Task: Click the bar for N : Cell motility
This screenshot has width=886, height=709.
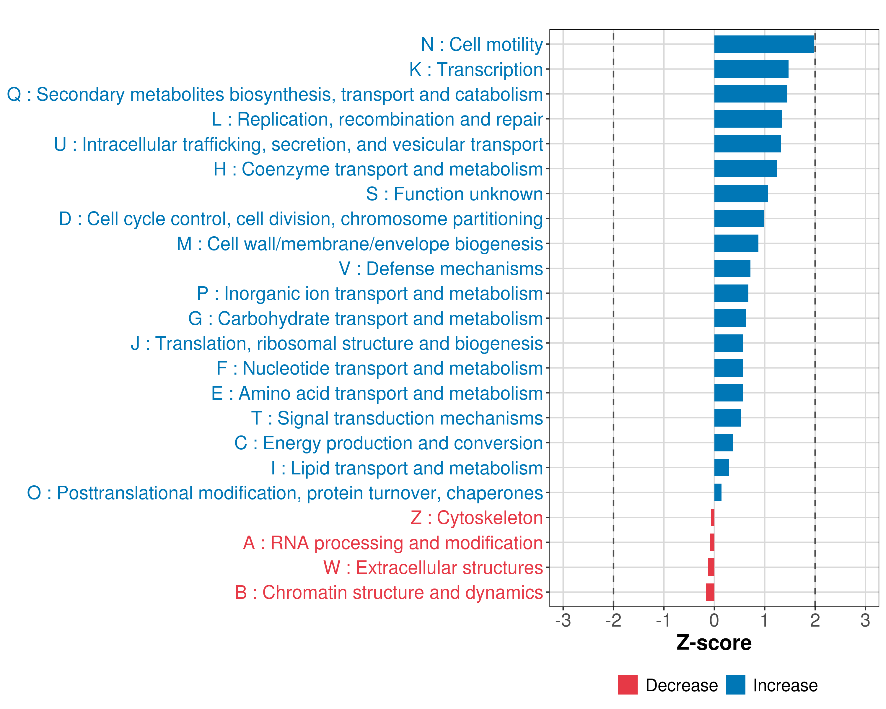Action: point(764,44)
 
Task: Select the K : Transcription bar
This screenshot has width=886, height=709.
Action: point(751,69)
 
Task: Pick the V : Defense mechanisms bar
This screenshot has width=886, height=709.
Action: point(732,269)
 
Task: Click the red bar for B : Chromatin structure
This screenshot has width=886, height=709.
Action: point(710,592)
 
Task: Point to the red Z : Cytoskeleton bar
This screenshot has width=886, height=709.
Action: point(713,518)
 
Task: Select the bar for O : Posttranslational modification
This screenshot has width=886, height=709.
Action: point(718,492)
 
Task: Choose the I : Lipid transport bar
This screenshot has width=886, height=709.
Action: point(721,468)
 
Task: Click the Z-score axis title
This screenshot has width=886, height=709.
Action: point(714,643)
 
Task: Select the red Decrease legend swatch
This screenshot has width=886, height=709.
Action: point(628,685)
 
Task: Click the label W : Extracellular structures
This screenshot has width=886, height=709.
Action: point(433,567)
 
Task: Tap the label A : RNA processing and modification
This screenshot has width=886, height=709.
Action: point(393,543)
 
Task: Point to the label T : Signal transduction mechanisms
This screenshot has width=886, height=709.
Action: point(397,418)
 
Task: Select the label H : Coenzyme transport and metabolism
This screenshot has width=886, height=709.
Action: point(378,169)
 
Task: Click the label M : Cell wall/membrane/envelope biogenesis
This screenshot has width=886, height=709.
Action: point(360,244)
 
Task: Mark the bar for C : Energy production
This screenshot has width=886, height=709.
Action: point(724,443)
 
